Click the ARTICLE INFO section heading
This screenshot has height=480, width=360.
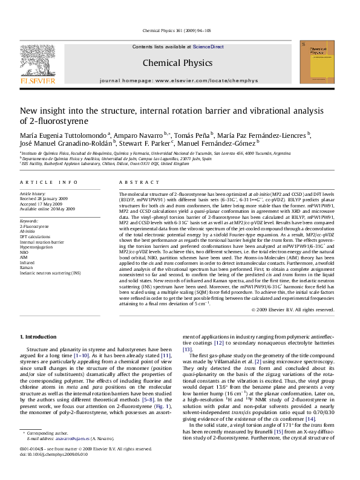click(49, 182)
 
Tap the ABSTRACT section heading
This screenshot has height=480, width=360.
click(134, 182)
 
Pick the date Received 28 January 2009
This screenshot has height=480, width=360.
click(48, 199)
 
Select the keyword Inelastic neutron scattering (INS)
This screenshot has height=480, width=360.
click(50, 273)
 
